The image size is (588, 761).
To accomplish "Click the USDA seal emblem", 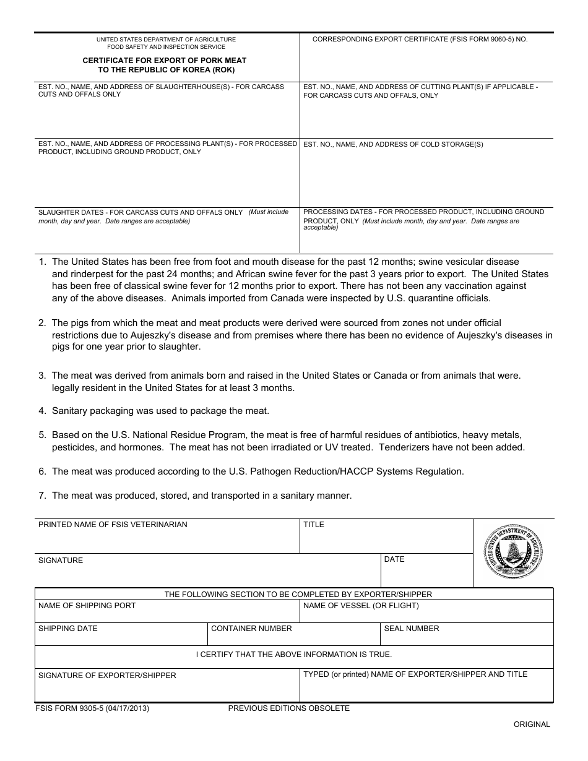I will (x=513, y=552).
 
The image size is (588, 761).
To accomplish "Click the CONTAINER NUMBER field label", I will (x=251, y=629).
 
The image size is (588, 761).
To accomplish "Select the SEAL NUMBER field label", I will (x=412, y=629).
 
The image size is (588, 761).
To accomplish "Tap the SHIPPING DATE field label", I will (x=68, y=629).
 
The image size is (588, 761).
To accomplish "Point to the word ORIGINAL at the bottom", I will (x=531, y=724).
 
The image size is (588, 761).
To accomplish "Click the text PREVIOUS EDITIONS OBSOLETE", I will (x=288, y=708).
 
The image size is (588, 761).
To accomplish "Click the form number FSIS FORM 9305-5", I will (x=92, y=708).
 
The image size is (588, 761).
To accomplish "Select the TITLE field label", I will (x=314, y=525).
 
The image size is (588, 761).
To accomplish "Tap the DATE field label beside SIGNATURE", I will (x=394, y=559).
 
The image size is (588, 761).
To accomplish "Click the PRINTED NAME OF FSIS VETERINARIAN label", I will (x=113, y=525).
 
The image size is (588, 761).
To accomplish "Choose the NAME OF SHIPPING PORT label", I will (x=87, y=606).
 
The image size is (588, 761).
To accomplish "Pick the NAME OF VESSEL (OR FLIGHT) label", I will (x=361, y=606).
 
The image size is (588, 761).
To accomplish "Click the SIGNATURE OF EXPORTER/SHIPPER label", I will (x=107, y=676).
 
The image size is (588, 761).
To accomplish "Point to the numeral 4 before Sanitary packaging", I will (x=41, y=411).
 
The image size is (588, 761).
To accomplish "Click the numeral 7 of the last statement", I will (x=41, y=496).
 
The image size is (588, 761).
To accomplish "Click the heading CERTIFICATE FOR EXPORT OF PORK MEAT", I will (x=165, y=61).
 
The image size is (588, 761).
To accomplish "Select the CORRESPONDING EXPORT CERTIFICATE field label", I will (x=420, y=39).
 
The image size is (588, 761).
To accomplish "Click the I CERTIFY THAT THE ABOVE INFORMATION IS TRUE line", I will (x=294, y=655).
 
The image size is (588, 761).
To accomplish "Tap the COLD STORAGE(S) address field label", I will (x=393, y=145).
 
